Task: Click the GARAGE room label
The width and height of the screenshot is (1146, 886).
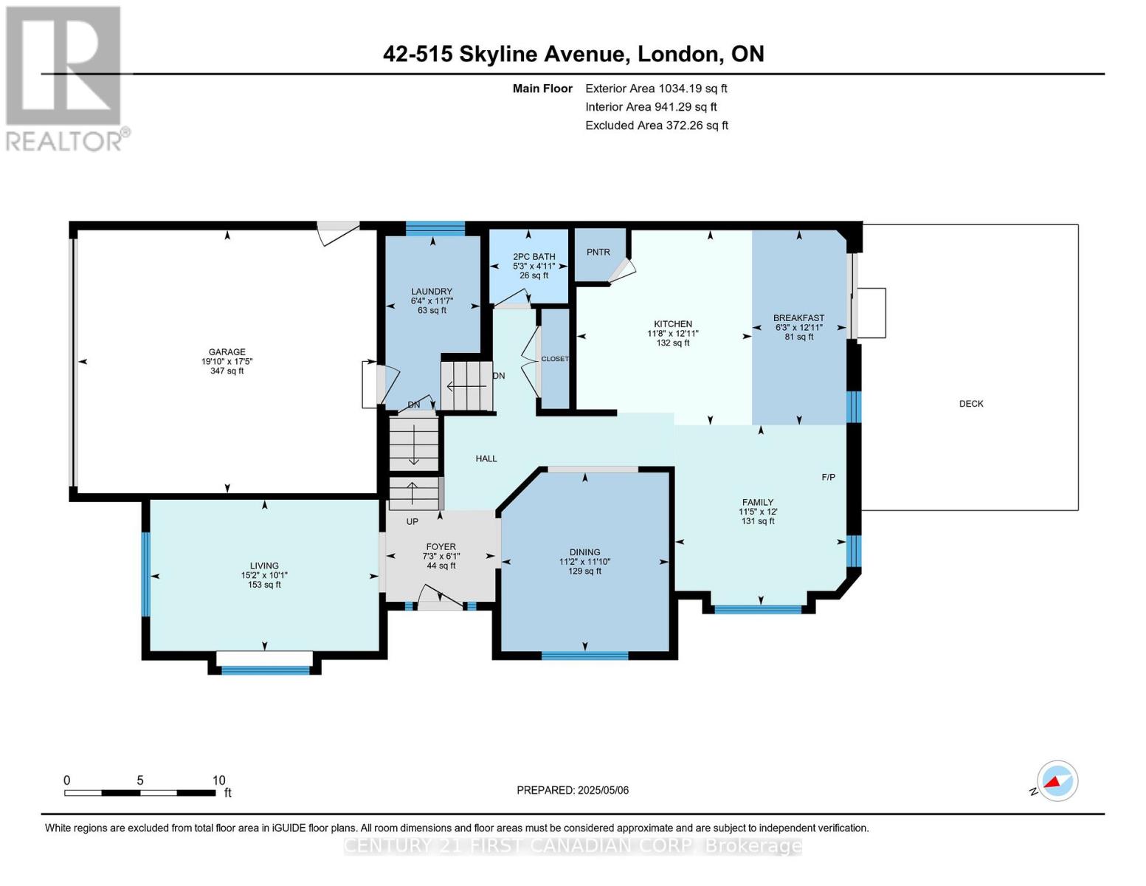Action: point(227,352)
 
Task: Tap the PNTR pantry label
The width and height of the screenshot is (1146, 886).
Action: point(598,253)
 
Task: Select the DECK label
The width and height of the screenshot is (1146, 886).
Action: point(971,404)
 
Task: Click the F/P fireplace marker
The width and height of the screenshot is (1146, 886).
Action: point(828,477)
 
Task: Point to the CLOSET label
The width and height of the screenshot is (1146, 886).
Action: point(555,359)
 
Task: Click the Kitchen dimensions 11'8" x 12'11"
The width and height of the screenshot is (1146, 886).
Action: point(673,334)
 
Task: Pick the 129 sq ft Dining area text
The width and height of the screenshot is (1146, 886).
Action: point(585,571)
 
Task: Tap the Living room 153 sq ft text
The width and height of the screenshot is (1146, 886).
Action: point(264,585)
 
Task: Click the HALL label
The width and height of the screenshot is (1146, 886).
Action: point(486,459)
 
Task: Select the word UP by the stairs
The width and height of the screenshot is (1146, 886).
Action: point(412,521)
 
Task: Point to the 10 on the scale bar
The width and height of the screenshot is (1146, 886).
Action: point(219,780)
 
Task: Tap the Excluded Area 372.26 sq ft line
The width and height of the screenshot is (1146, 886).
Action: point(657,126)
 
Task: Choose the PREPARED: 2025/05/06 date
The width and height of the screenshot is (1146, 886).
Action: point(573,790)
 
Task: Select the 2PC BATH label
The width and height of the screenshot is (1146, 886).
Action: point(534,257)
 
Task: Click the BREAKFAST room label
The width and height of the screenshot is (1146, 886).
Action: point(798,317)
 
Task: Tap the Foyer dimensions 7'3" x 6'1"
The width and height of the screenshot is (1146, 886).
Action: point(441,556)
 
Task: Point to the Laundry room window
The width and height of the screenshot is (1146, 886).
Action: point(435,228)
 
